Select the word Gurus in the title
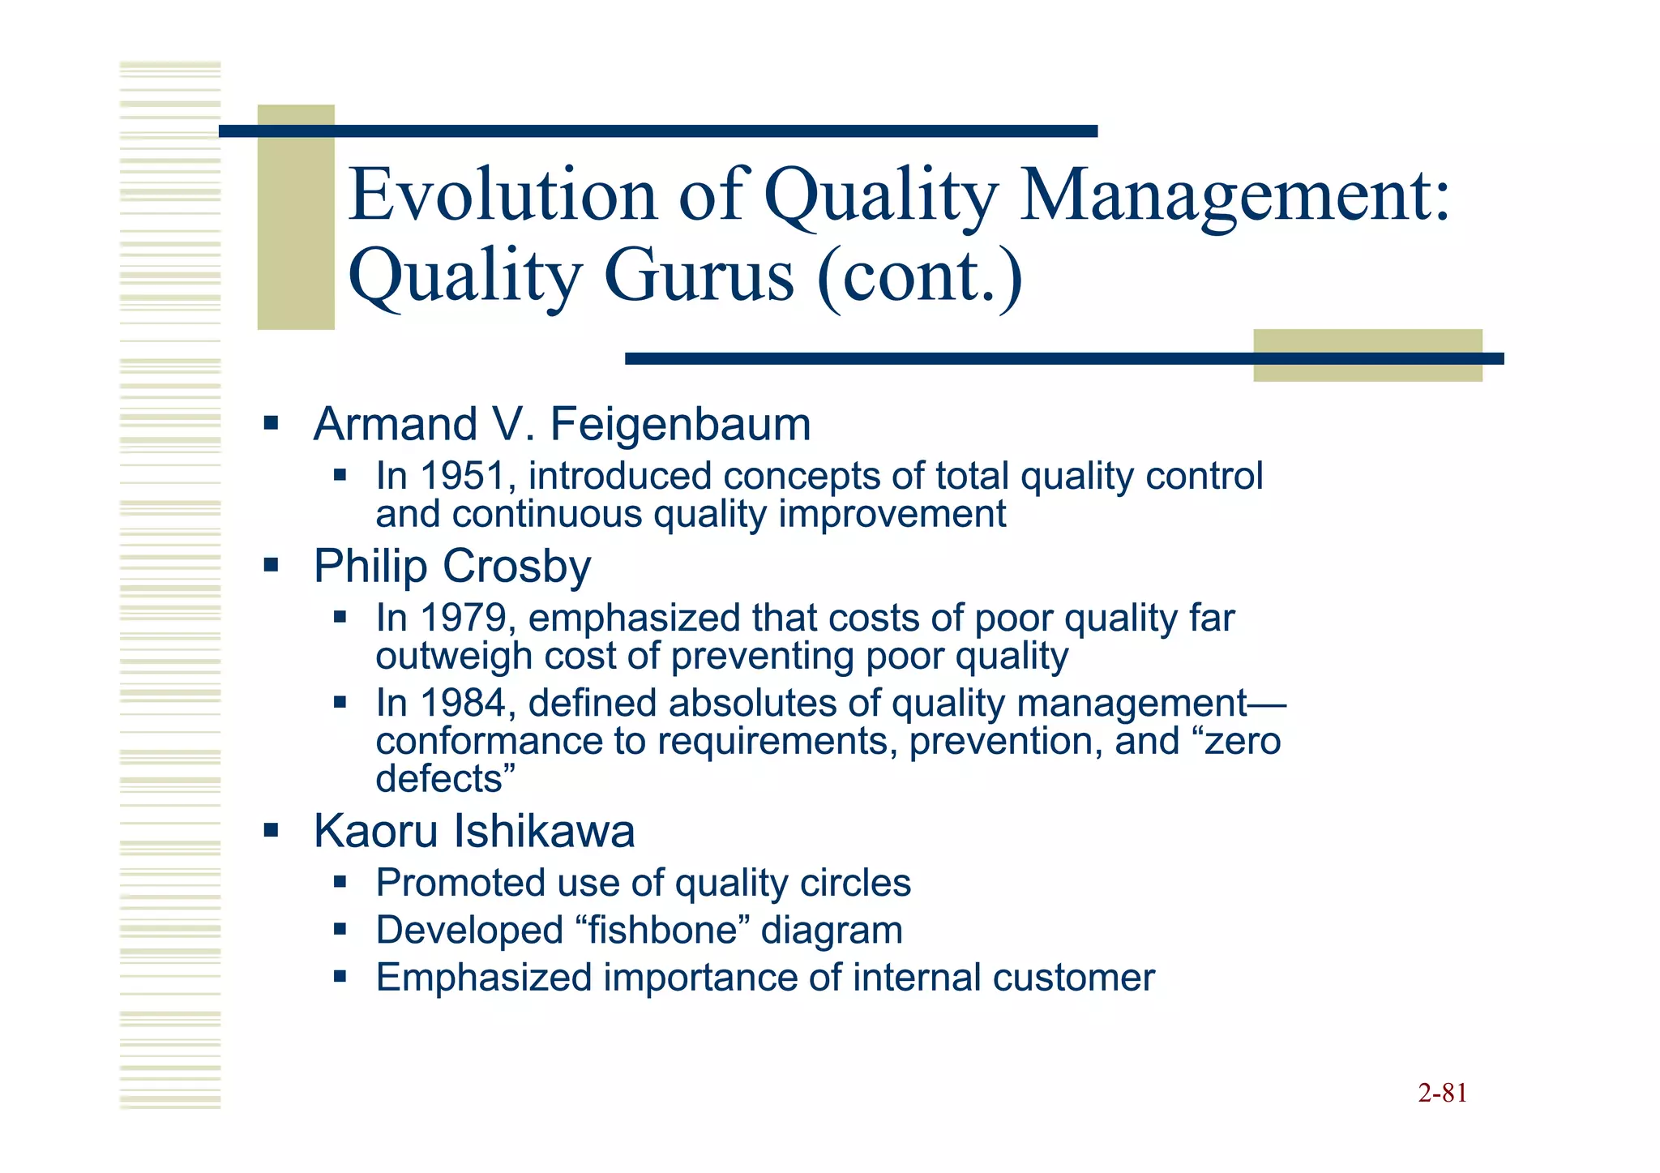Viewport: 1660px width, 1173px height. point(699,276)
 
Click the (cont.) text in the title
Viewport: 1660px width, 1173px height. point(920,276)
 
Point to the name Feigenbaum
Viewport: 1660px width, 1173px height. point(680,425)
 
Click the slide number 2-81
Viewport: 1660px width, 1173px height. point(1442,1094)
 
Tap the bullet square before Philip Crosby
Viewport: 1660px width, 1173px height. point(271,564)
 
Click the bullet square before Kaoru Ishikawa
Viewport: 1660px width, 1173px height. point(271,830)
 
